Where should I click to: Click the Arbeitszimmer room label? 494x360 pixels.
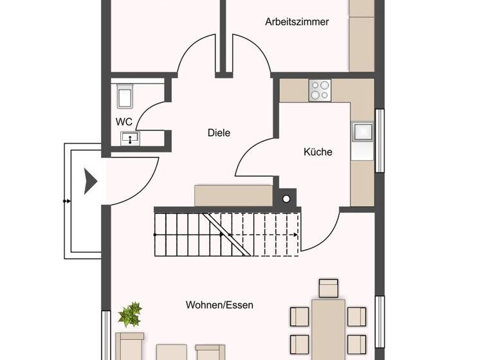click(297, 22)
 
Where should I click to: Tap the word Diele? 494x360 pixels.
click(219, 133)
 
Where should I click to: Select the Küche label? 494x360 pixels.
click(318, 152)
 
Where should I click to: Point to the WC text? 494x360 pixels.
click(124, 121)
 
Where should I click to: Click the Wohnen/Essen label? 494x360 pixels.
click(219, 305)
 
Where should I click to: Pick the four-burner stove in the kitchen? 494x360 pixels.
click(319, 90)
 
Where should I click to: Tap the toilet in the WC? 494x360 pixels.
click(125, 97)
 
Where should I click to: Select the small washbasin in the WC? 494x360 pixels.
click(131, 138)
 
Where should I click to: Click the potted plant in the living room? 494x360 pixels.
click(130, 315)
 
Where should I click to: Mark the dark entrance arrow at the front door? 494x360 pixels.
click(90, 181)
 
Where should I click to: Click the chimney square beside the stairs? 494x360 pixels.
click(285, 197)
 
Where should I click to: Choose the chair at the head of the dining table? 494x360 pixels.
click(328, 288)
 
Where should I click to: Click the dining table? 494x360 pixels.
click(328, 328)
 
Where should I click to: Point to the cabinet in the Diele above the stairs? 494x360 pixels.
click(233, 195)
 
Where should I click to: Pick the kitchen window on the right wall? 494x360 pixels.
click(380, 141)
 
